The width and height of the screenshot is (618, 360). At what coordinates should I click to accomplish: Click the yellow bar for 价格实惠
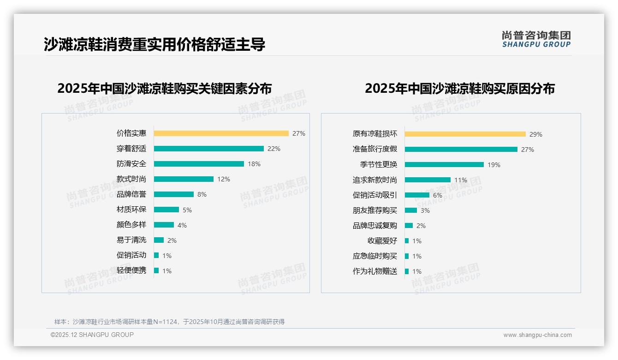tap(221, 133)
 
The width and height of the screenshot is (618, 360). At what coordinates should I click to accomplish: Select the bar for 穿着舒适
tap(208, 149)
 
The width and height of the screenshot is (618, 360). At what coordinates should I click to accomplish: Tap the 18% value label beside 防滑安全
tap(254, 164)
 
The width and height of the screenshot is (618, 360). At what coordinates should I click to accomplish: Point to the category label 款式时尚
tap(131, 179)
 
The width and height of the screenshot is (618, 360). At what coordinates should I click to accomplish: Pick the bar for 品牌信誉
tap(173, 194)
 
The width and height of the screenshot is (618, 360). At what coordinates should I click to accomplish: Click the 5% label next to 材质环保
tap(187, 210)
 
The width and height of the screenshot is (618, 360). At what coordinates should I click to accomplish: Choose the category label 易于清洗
tap(131, 240)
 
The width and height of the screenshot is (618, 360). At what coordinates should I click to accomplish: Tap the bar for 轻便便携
tap(156, 270)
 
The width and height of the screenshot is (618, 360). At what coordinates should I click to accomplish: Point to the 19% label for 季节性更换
tap(494, 165)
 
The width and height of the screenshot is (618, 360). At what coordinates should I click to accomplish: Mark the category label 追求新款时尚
tap(374, 180)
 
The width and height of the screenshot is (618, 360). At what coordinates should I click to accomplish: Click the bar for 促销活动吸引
tap(417, 195)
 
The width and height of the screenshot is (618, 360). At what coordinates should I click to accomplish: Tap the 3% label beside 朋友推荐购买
tap(425, 210)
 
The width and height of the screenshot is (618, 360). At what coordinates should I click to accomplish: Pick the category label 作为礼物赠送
tap(374, 271)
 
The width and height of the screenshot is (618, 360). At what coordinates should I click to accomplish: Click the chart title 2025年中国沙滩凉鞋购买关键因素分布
tap(165, 88)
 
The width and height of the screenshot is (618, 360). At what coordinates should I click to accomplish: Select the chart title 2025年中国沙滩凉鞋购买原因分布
tap(459, 88)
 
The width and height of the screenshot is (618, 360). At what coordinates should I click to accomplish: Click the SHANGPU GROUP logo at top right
tap(536, 39)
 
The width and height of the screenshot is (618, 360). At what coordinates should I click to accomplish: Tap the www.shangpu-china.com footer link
tap(537, 335)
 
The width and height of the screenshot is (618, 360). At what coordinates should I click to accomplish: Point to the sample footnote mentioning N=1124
tap(169, 322)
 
